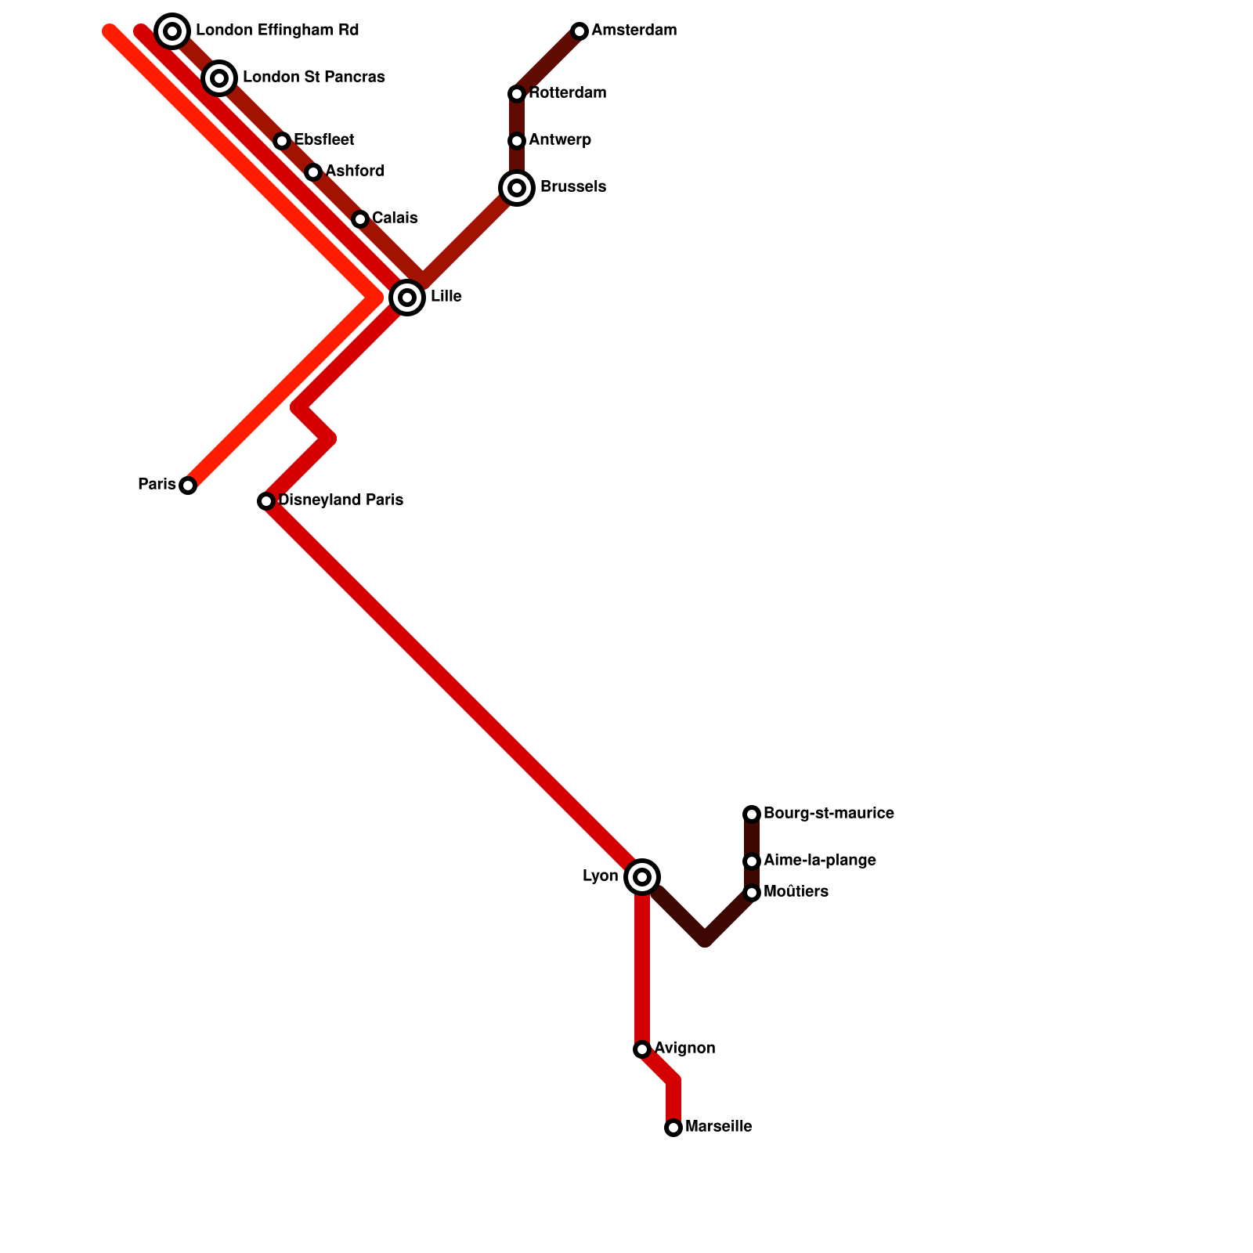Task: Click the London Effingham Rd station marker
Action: click(x=172, y=31)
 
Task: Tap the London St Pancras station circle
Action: click(x=219, y=78)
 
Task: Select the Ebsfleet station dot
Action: click(x=282, y=141)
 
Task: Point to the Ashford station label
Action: click(x=355, y=172)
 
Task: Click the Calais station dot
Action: click(x=360, y=219)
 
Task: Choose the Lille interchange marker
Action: click(x=407, y=298)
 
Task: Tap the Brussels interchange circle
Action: click(x=517, y=188)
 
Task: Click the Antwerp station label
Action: click(x=560, y=140)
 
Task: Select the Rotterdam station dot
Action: click(x=517, y=94)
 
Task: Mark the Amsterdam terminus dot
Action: click(x=580, y=31)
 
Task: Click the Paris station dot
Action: click(x=188, y=486)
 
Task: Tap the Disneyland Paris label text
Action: click(x=341, y=500)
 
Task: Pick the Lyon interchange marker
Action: click(x=642, y=877)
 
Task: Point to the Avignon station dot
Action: click(x=642, y=1049)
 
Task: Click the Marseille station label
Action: click(x=718, y=1127)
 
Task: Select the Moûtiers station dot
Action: click(x=752, y=893)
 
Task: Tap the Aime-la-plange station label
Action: click(x=819, y=861)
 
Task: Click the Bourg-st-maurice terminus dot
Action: click(x=752, y=814)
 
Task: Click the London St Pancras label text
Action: click(x=313, y=78)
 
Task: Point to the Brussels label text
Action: click(x=573, y=187)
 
